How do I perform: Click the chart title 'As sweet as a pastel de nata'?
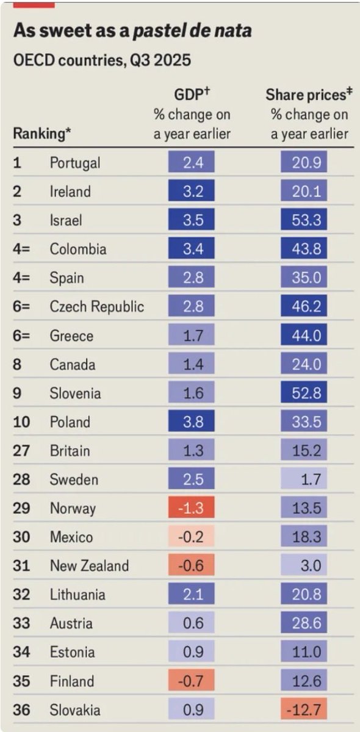coord(132,31)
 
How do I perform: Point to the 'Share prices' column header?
coord(309,95)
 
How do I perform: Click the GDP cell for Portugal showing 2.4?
coord(192,163)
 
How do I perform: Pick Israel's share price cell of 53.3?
coord(304,220)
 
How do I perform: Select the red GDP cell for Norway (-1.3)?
coord(192,508)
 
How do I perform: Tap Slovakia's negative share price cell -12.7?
coord(304,709)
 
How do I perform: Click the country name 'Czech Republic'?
coord(96,307)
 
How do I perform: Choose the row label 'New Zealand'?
coord(89,566)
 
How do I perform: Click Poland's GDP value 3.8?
coord(192,422)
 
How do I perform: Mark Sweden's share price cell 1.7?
coord(304,479)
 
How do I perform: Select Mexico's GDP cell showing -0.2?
coord(192,537)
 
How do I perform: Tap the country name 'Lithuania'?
coord(77,595)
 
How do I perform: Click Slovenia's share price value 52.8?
coord(304,393)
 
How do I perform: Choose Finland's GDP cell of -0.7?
coord(192,681)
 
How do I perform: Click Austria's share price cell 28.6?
coord(304,623)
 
